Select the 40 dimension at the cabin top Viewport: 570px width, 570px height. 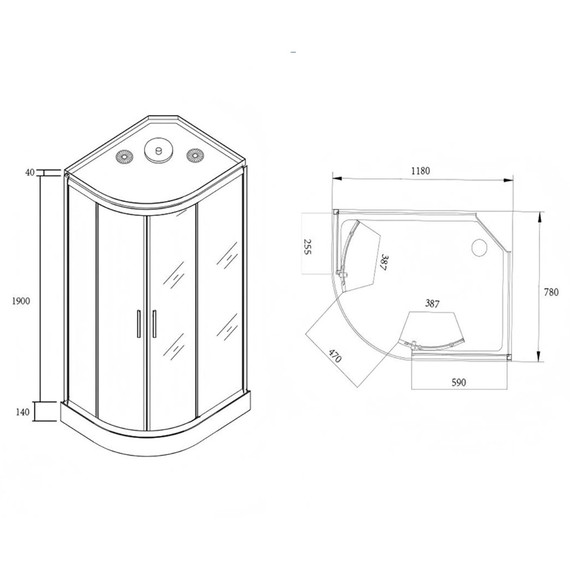click(x=30, y=172)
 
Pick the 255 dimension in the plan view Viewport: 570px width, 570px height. click(x=310, y=247)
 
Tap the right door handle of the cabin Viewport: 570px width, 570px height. click(x=156, y=325)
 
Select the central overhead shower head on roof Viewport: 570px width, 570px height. click(x=158, y=152)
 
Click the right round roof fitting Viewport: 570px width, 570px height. click(x=193, y=154)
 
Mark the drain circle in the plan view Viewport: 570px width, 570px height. click(x=478, y=246)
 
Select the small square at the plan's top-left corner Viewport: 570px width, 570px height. click(x=336, y=213)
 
